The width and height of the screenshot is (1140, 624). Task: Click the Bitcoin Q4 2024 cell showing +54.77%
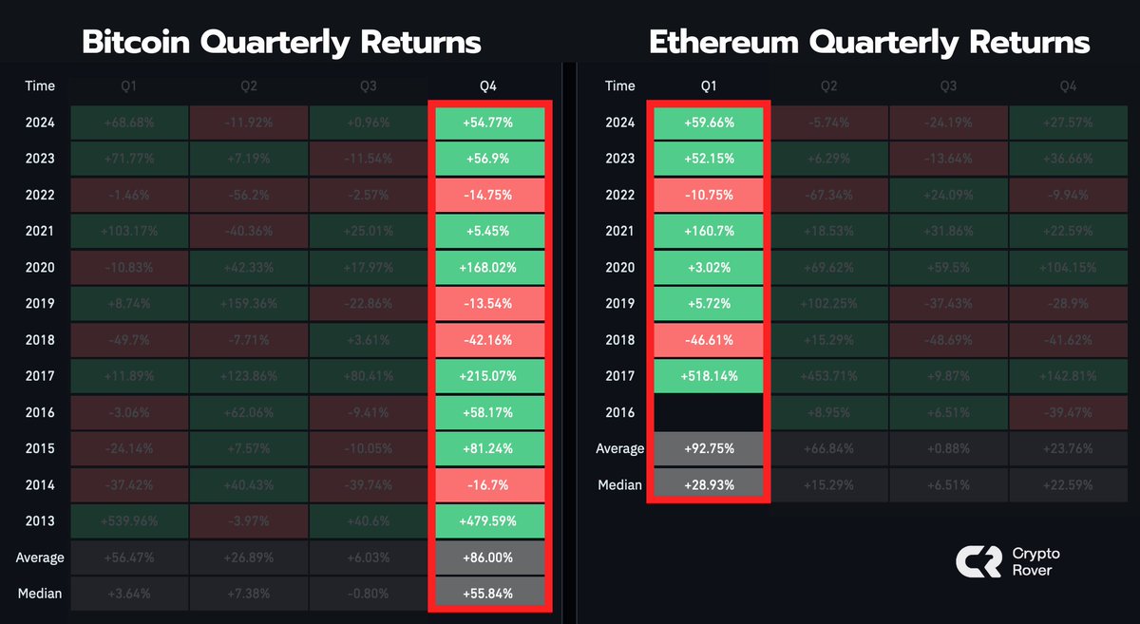pyautogui.click(x=489, y=123)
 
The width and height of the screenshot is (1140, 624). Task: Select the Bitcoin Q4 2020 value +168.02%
pyautogui.click(x=489, y=268)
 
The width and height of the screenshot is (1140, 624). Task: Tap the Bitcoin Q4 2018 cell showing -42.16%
pyautogui.click(x=489, y=340)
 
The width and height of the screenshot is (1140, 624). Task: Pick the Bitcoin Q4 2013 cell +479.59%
pyautogui.click(x=489, y=521)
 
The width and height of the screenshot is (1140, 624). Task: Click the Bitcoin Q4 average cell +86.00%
pyautogui.click(x=489, y=558)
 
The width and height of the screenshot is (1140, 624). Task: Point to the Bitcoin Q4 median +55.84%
pyautogui.click(x=489, y=594)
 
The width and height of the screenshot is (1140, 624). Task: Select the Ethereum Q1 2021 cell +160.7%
pyautogui.click(x=709, y=231)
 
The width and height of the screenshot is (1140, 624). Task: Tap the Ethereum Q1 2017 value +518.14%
pyautogui.click(x=709, y=376)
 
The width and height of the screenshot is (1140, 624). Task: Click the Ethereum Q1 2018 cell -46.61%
pyautogui.click(x=709, y=340)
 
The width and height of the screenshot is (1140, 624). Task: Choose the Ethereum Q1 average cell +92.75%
pyautogui.click(x=709, y=448)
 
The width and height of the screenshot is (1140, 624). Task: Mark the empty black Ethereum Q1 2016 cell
pyautogui.click(x=709, y=412)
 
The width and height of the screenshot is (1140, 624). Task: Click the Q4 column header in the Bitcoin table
pyautogui.click(x=489, y=85)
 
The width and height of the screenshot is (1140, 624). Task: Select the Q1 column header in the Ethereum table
pyautogui.click(x=709, y=85)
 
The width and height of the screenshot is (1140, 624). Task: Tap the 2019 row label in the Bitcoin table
pyautogui.click(x=40, y=304)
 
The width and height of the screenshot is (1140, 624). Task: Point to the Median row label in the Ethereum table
pyautogui.click(x=619, y=484)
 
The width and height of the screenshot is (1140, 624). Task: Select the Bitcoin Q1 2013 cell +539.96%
pyautogui.click(x=129, y=521)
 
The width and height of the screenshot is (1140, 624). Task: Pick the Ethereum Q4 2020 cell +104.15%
pyautogui.click(x=1069, y=268)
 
